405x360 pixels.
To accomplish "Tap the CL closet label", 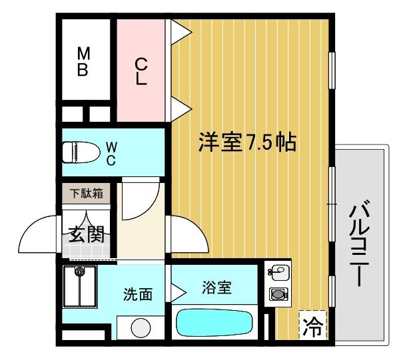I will (141, 71).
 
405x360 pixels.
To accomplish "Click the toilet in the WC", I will (77, 152).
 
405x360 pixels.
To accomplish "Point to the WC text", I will (111, 153).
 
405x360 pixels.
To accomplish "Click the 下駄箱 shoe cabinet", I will (87, 194).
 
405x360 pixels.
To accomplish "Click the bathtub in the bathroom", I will (214, 325).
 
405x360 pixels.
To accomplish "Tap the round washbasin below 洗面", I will (141, 329).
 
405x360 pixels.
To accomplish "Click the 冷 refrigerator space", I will (311, 327).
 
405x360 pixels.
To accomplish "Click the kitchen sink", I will (278, 273).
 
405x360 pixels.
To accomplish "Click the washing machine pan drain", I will (80, 271).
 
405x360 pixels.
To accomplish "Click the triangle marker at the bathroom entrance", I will (179, 291).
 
